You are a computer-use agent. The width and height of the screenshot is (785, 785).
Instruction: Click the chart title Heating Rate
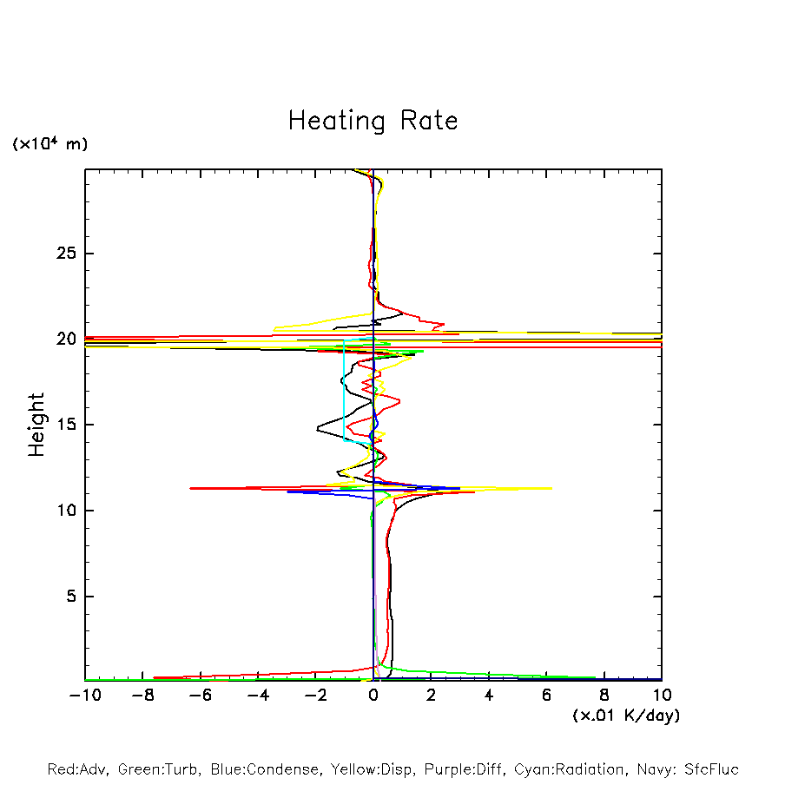tap(373, 121)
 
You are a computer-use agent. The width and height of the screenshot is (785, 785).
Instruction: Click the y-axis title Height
tap(36, 425)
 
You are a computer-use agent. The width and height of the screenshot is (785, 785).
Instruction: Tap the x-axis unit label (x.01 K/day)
tap(626, 716)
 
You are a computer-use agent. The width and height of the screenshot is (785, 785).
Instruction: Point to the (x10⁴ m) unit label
tap(49, 144)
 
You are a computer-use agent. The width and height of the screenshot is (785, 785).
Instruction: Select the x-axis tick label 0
tap(373, 695)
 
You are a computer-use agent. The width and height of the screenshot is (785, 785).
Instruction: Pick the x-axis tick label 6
tap(546, 695)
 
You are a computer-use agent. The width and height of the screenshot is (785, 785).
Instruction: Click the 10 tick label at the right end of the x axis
tap(662, 695)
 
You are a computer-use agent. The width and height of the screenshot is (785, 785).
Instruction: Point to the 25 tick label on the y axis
tap(68, 254)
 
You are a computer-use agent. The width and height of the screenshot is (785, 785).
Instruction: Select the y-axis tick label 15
tap(68, 425)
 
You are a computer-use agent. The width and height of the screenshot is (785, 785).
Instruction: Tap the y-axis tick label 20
tap(68, 339)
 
